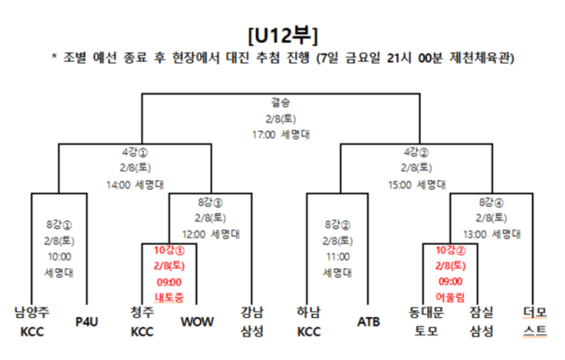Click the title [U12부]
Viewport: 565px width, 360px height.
[x=283, y=35]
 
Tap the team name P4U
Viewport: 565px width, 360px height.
[x=86, y=322]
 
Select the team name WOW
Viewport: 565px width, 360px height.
[x=196, y=322]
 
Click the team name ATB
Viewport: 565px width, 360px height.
[x=369, y=322]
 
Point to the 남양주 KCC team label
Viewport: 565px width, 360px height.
[x=31, y=322]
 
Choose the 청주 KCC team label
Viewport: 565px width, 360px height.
[x=142, y=322]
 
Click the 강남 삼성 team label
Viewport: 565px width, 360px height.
[x=251, y=322]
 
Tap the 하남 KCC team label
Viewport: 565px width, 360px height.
[x=309, y=322]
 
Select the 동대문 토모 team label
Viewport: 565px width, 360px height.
[x=426, y=322]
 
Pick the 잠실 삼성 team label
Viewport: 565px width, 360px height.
[x=481, y=322]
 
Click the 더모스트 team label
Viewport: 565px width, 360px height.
[x=534, y=322]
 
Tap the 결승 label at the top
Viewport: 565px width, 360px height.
[x=280, y=102]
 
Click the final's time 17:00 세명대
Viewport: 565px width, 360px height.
[x=280, y=135]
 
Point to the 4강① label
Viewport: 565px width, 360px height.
[x=134, y=152]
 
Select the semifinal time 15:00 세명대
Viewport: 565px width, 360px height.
[x=417, y=184]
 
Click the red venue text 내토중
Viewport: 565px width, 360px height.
[x=169, y=297]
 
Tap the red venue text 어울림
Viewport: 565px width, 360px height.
[x=450, y=297]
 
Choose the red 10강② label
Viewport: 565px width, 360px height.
[x=451, y=250]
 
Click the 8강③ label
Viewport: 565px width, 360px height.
[x=210, y=203]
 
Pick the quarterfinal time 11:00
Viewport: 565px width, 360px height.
[x=338, y=257]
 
